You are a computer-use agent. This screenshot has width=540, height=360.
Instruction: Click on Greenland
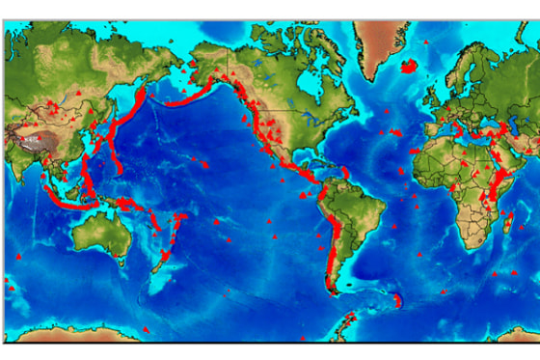point(376,43)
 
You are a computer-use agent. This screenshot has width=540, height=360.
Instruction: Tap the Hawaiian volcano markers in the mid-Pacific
point(203,164)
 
